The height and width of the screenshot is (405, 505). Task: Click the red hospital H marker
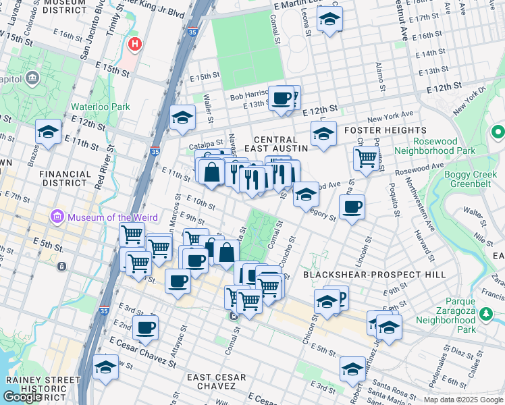tap(135, 45)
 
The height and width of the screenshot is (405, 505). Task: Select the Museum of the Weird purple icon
tap(57, 217)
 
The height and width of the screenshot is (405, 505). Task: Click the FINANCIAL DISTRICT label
tap(65, 178)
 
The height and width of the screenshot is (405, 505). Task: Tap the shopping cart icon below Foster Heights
tap(365, 159)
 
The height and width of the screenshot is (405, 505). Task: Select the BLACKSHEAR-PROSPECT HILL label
tap(374, 275)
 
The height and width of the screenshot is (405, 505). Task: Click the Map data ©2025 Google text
tap(463, 400)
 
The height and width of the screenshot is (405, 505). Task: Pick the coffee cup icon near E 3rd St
tap(145, 328)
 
